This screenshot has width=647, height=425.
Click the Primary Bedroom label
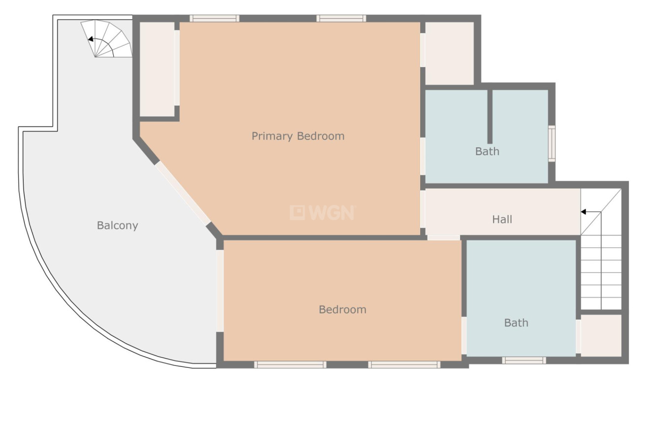tap(298, 136)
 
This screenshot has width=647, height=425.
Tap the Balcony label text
tap(117, 226)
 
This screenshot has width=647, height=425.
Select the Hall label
tap(502, 220)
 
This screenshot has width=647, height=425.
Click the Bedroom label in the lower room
tap(342, 310)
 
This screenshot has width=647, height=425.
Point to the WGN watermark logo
tap(323, 213)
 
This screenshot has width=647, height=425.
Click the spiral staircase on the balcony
tap(107, 39)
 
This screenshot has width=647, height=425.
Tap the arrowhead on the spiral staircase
tap(91, 39)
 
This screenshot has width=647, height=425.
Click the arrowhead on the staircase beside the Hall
tap(583, 212)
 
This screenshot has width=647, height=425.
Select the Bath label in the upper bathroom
tap(487, 152)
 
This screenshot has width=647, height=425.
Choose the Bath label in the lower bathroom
tap(516, 323)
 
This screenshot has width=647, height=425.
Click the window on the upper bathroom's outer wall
tap(552, 144)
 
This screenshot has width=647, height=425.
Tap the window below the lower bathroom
tap(524, 360)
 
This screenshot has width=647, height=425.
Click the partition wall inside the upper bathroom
tap(490, 117)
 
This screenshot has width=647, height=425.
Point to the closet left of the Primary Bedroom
tap(157, 69)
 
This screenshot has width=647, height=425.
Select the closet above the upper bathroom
tap(449, 54)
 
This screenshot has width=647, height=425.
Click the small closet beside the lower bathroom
tap(601, 335)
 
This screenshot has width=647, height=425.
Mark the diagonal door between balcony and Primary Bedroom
tap(183, 193)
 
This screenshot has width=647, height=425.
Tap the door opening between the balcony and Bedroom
tap(220, 291)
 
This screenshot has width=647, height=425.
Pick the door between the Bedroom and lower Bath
tap(464, 335)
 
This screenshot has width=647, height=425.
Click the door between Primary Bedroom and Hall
tap(423, 209)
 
